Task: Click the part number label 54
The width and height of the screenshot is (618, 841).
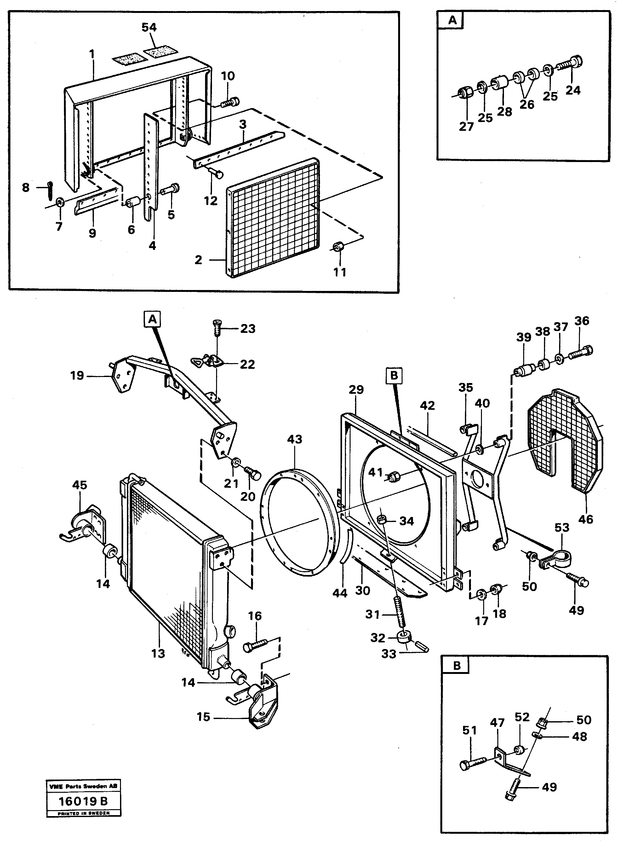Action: tap(149, 27)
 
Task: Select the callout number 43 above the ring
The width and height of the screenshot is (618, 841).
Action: tap(295, 439)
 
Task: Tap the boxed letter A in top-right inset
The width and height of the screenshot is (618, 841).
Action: tap(452, 20)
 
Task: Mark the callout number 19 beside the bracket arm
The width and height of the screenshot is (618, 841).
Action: tap(77, 375)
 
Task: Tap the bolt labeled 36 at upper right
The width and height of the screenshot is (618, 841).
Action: tap(580, 352)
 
